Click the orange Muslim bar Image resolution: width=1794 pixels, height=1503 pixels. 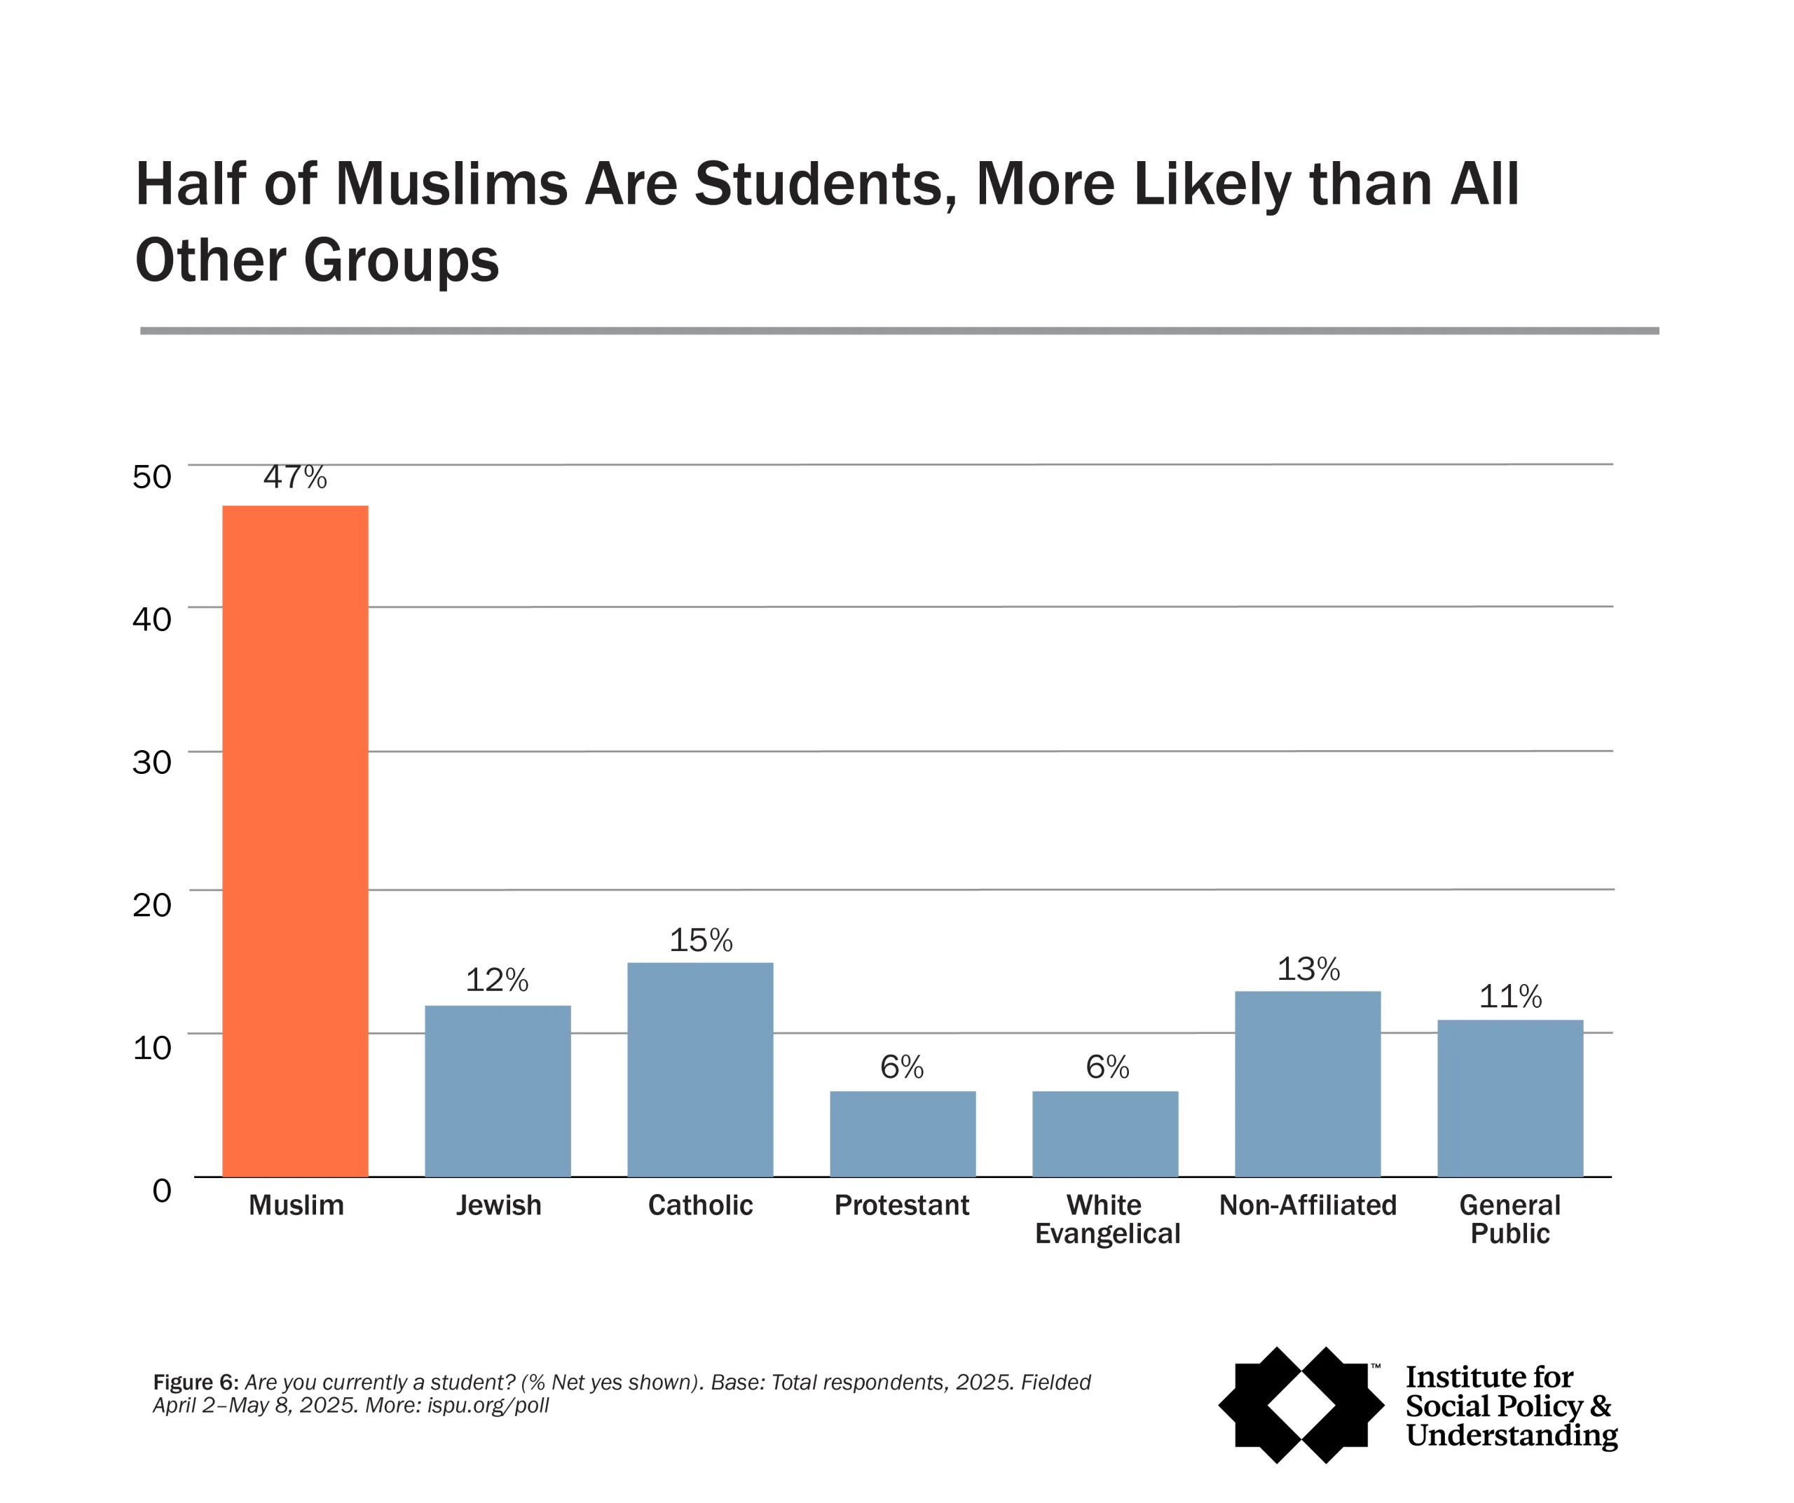[295, 841]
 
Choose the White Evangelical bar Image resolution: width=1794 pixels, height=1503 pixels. [1104, 1133]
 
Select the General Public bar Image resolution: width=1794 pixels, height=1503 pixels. [1509, 1098]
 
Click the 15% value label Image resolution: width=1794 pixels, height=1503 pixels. [701, 940]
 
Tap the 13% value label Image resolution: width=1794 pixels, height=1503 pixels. [1308, 969]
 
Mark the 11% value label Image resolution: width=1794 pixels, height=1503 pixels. [1510, 997]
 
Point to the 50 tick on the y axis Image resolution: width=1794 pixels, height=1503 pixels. [152, 476]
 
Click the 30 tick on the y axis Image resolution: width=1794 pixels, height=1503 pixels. [152, 762]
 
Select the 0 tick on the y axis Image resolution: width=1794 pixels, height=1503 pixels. [161, 1190]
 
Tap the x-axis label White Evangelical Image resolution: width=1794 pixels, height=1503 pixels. [1107, 1219]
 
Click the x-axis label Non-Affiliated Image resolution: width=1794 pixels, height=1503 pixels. [1308, 1205]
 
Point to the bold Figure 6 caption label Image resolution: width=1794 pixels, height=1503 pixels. [195, 1382]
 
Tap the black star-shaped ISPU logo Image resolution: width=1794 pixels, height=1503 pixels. [1301, 1405]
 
